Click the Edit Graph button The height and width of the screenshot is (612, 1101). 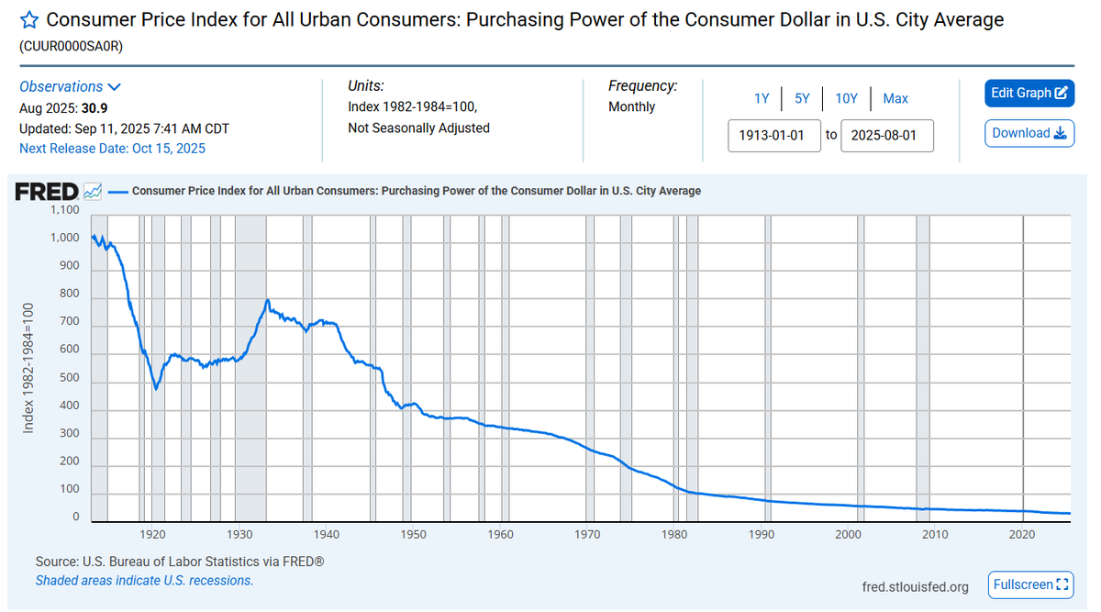coord(1029,93)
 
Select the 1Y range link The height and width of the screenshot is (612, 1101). coord(762,98)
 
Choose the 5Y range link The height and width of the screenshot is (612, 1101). coord(802,98)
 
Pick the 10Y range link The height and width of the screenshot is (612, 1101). coord(846,98)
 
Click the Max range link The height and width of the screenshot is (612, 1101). coord(895,98)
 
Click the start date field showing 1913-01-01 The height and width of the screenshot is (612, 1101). coord(773,135)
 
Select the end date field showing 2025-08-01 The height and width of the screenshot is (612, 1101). coord(886,135)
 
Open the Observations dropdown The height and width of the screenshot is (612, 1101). coord(71,86)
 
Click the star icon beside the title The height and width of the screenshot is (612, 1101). coord(29,19)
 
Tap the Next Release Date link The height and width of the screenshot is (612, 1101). coord(112,148)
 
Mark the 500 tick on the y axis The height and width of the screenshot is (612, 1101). coord(69,378)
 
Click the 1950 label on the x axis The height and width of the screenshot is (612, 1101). coord(413,533)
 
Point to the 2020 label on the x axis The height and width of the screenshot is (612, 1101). coord(1023,533)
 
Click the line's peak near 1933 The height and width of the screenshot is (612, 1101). coord(267,300)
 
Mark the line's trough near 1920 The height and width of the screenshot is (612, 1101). coord(156,389)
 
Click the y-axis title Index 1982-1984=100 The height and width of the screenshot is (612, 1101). coord(28,367)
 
